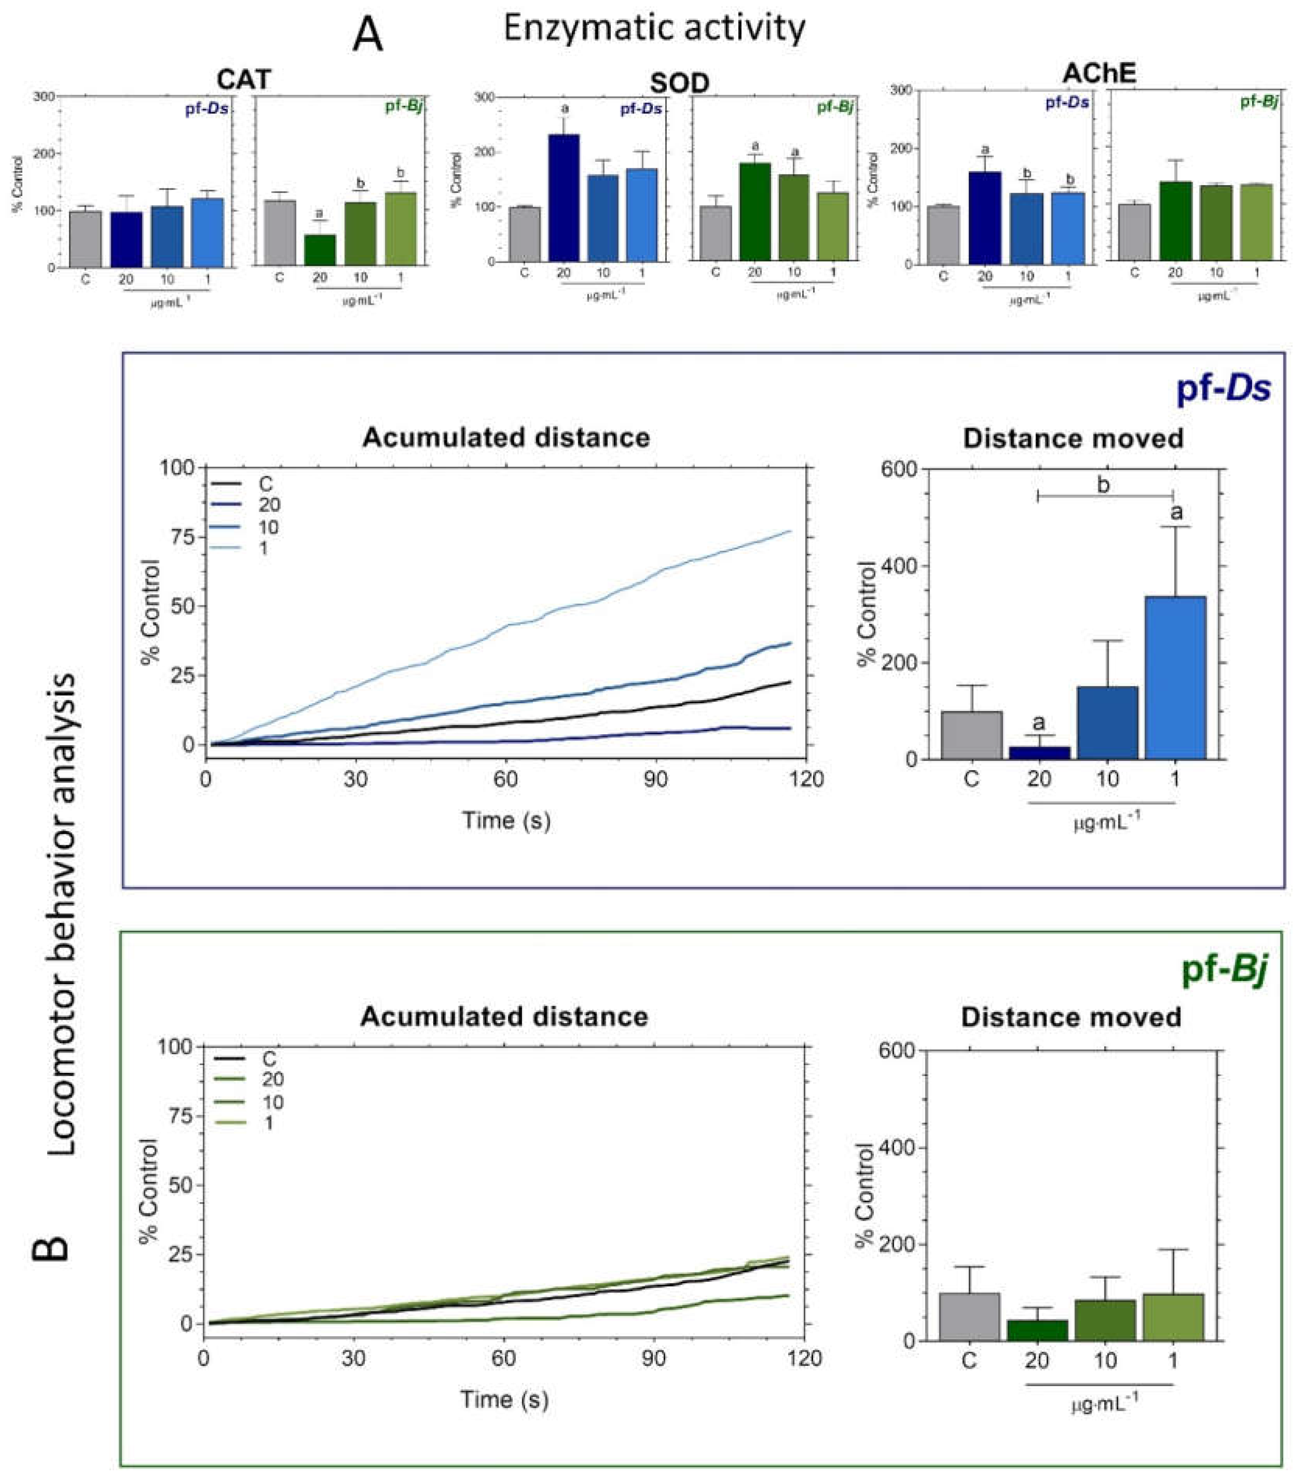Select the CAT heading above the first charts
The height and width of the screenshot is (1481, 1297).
[244, 79]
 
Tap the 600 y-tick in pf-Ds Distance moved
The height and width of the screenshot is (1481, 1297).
[899, 469]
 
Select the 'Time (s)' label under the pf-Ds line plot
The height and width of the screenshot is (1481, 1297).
[506, 820]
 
